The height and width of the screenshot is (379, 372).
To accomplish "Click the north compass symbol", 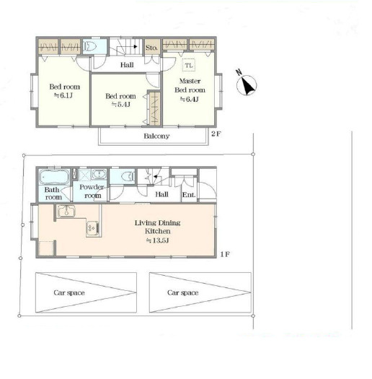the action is (x=246, y=84).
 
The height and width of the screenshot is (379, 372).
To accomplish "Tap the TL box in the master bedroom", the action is (x=189, y=65).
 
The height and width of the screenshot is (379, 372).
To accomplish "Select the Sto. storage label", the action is (x=151, y=48).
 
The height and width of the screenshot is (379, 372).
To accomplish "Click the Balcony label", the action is (x=156, y=136).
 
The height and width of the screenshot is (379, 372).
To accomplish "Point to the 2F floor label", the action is (x=216, y=134).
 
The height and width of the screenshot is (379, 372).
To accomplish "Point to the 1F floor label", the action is (x=225, y=254).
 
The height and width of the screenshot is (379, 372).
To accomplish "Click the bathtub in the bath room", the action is (x=53, y=177).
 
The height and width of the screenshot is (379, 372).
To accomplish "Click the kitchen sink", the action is (x=66, y=211).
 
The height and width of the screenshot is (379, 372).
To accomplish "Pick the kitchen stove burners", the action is (x=93, y=227).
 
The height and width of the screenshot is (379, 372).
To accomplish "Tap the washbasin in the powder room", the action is (x=99, y=174).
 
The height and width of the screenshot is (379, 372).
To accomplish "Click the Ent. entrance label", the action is (x=189, y=195).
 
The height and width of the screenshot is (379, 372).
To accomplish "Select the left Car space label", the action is (x=69, y=292).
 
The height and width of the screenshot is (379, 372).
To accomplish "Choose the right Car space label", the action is (x=182, y=292).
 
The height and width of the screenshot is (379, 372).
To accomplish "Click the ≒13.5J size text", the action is (x=157, y=240).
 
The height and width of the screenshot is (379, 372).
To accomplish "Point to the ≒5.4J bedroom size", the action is (x=120, y=105).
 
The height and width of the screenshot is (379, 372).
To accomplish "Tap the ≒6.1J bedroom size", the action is (x=63, y=95).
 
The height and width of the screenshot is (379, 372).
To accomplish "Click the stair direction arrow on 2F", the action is (x=127, y=47).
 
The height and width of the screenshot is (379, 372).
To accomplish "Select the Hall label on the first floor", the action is (x=161, y=194).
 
